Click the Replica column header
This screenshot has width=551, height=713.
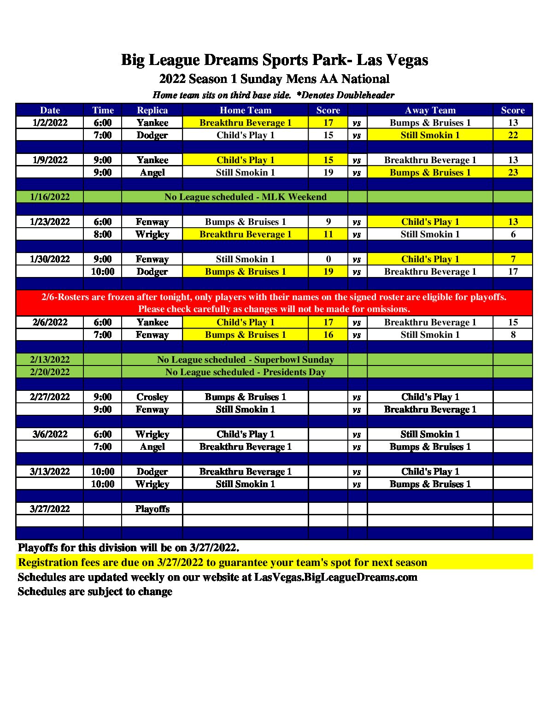(152, 110)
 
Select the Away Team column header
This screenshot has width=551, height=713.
(430, 110)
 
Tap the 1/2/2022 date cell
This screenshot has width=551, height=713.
(50, 123)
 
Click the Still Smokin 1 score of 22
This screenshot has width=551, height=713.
(513, 135)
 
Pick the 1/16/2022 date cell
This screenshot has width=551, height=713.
(50, 197)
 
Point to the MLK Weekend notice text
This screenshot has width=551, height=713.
(245, 197)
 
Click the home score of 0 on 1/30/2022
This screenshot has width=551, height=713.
(328, 259)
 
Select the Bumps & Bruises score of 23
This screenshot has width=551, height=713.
(513, 172)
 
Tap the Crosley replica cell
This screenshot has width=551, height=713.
(152, 397)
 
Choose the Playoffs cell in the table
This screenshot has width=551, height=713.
(152, 509)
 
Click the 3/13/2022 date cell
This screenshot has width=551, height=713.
(50, 471)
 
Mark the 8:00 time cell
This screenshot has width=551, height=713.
(102, 234)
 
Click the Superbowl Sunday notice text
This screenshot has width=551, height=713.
(245, 359)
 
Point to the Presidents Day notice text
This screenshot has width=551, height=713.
(245, 372)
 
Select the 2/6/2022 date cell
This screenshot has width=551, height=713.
(50, 322)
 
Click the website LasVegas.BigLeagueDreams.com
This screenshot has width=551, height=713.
(335, 577)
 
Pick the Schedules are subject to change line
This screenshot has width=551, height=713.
(95, 591)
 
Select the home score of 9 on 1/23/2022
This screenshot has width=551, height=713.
(328, 222)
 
